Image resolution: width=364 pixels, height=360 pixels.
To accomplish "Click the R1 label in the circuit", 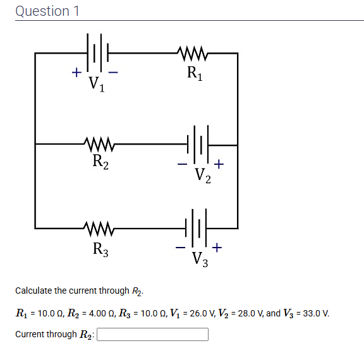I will pos(195,73).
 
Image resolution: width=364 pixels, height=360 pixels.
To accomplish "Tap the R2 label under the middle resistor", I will pos(100,162).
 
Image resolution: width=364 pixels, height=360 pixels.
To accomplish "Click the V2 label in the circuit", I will pos(202,175).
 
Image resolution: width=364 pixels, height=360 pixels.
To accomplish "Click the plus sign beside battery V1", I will pos(75,73).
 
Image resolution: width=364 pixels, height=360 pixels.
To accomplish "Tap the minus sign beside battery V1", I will pos(114,73).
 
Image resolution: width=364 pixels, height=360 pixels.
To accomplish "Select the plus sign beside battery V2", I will pos(218,164).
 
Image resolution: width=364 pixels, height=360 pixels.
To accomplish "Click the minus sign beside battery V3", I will pos(181,247).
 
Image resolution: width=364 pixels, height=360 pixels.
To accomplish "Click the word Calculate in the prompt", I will pos(33,291).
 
